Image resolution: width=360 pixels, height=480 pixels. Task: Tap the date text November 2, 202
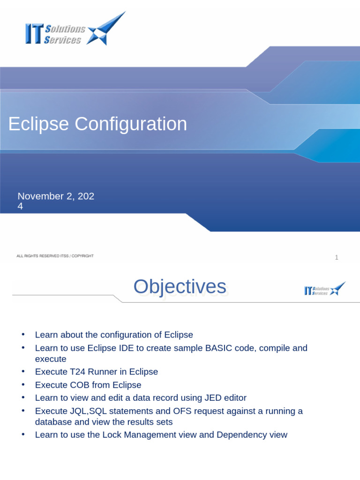56,196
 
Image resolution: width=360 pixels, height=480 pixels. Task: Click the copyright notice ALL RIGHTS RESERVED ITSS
55,256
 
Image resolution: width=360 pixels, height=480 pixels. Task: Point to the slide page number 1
336,257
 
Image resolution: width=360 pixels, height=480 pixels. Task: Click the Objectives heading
180,287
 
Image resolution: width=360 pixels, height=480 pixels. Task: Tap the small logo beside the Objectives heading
324,289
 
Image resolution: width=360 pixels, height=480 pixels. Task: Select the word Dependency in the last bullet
242,435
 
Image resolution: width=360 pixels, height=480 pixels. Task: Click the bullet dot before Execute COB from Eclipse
22,385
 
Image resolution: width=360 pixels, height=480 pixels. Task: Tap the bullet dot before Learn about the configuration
22,335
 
